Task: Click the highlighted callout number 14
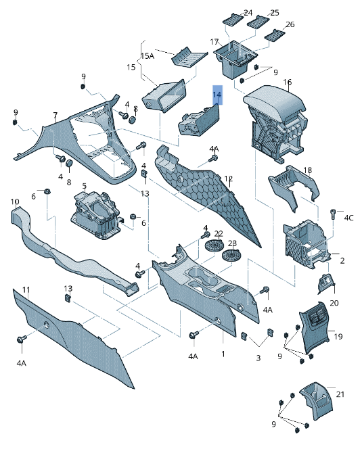pos(217,95)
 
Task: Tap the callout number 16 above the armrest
pos(287,82)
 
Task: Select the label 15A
pos(148,56)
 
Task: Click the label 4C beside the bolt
pos(348,218)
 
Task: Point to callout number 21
pos(340,394)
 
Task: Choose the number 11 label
pos(26,289)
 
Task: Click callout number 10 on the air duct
pos(15,201)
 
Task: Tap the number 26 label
pos(290,24)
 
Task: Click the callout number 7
pos(55,116)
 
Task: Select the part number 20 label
pos(334,303)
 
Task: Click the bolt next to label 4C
pos(333,214)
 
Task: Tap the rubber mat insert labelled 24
pos(233,20)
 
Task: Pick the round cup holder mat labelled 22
pos(215,246)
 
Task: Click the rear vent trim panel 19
pos(314,327)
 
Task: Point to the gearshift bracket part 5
pos(96,214)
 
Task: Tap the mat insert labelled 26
pos(275,34)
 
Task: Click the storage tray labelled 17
pos(235,59)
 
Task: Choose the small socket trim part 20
pos(326,283)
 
